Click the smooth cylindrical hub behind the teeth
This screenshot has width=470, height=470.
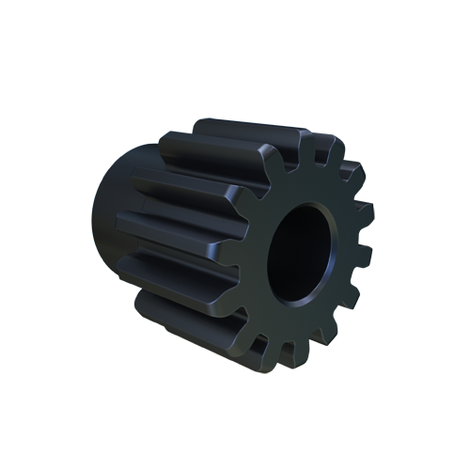[x=117, y=226]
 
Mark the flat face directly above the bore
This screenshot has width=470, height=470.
[x=310, y=186]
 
